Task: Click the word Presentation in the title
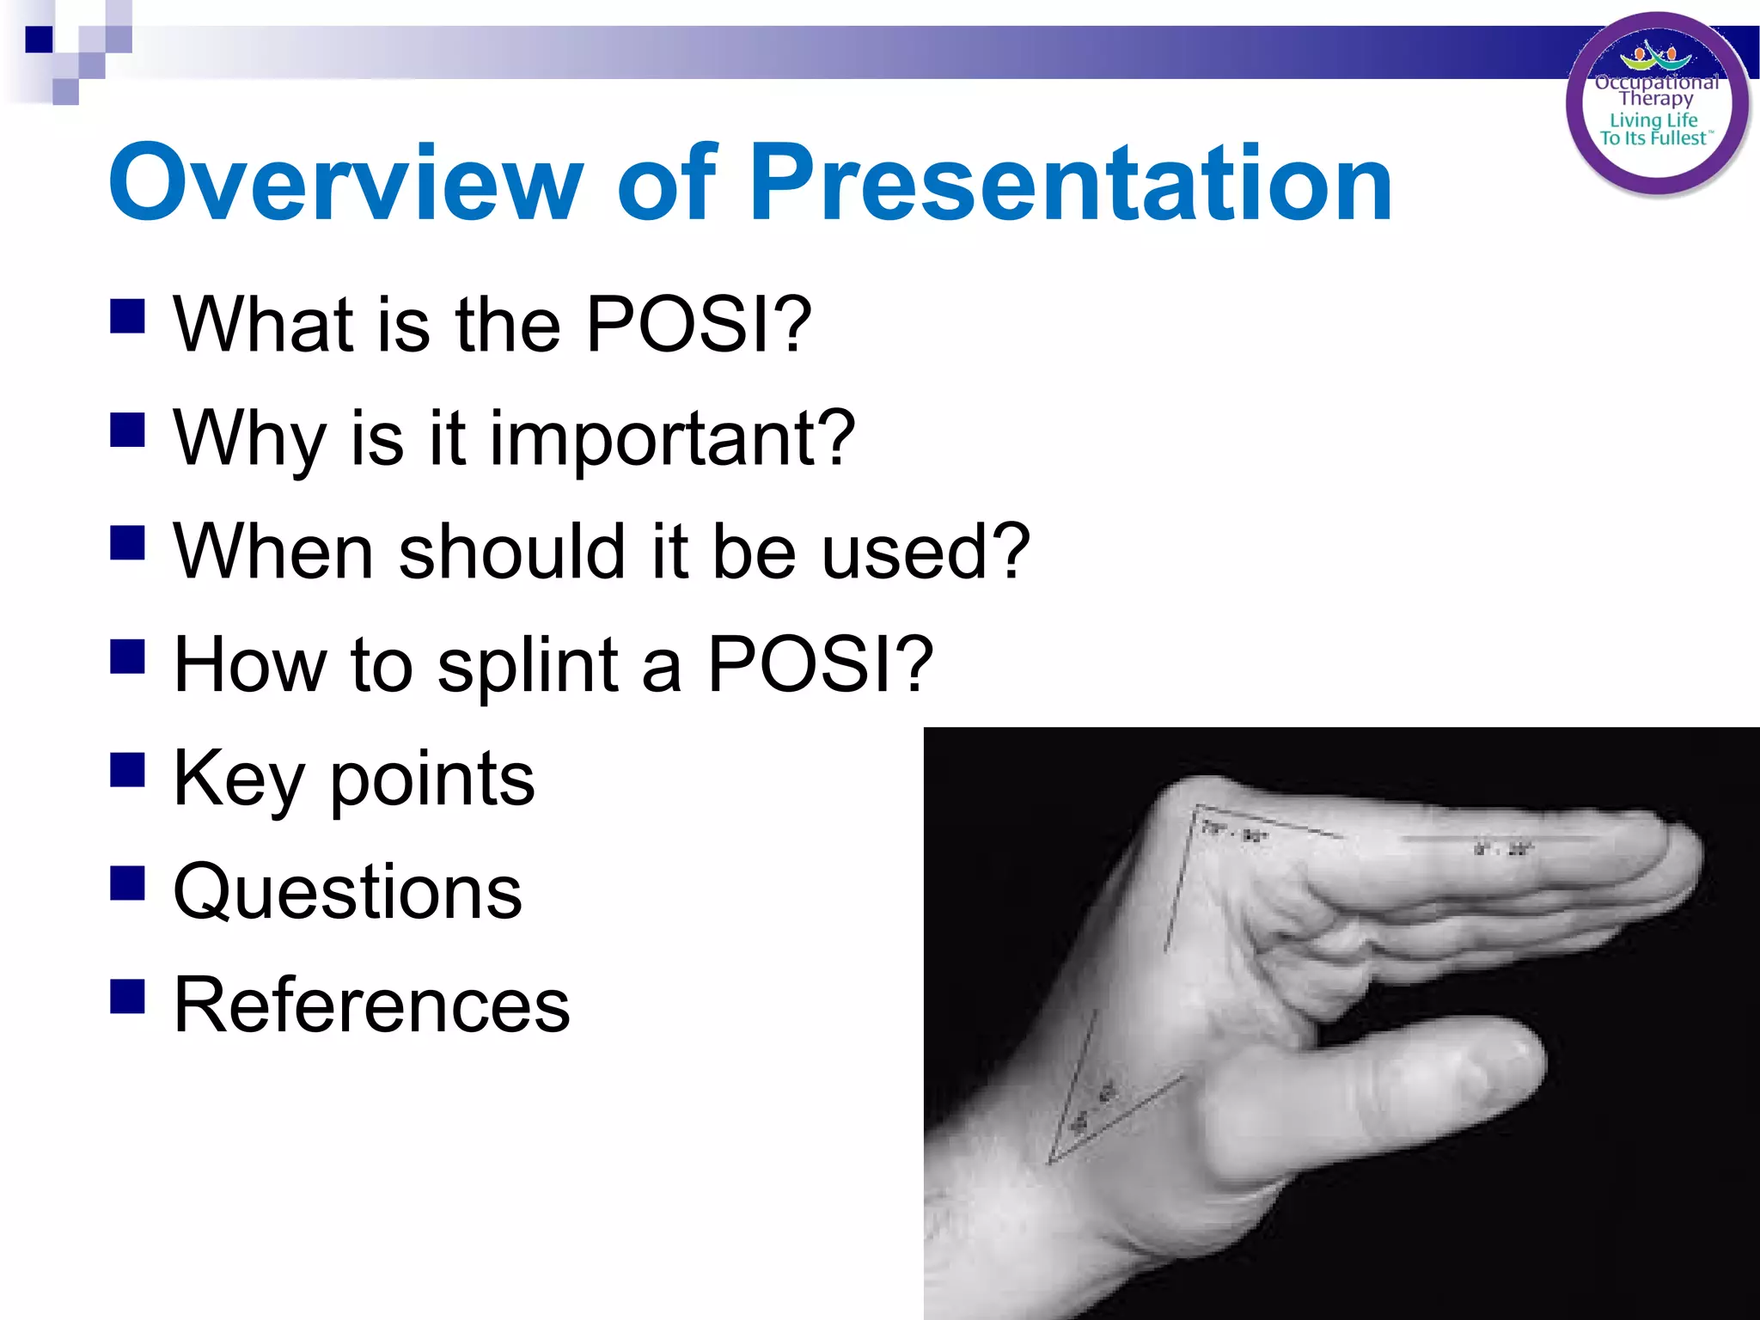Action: (1071, 183)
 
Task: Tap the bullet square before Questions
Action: (127, 882)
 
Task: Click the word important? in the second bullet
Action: (673, 439)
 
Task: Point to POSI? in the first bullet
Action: (698, 325)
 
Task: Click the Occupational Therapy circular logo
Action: (1656, 105)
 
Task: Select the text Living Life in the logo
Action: (1653, 120)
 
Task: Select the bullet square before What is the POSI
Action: (127, 315)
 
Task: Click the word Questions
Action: (347, 892)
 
